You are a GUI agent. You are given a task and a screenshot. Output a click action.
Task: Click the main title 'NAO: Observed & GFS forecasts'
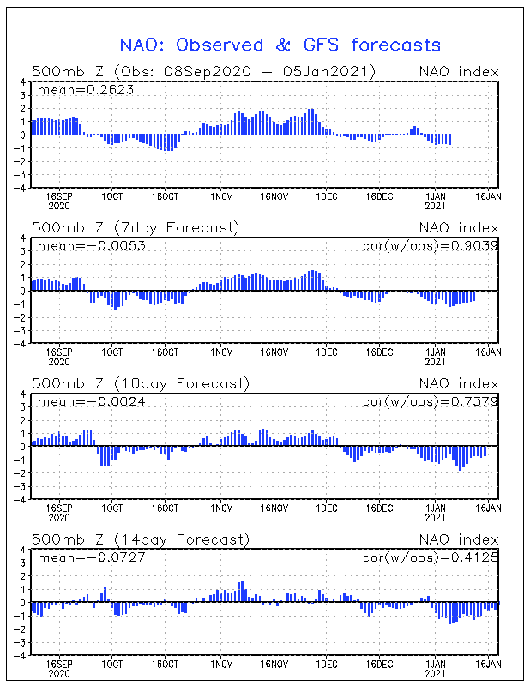coord(280,45)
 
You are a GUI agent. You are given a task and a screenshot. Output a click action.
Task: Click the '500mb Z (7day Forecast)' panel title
coord(136,227)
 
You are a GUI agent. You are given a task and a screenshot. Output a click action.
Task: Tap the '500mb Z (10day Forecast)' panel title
coord(140,383)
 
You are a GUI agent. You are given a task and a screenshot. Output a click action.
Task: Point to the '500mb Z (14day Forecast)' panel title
coord(140,539)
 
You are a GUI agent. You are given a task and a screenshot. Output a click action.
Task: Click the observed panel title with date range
coord(204,71)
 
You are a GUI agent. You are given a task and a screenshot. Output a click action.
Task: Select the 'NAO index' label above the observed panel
coord(458,71)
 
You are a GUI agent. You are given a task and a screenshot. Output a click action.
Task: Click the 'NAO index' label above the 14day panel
coord(458,539)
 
